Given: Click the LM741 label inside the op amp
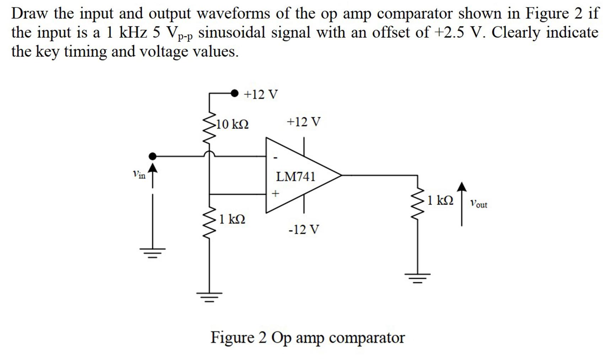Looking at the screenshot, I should (295, 176).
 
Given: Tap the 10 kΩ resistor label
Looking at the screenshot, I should (232, 125).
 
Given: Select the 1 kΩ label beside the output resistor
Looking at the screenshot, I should (440, 200).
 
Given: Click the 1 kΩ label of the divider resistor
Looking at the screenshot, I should (232, 219).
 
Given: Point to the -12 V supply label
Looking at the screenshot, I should (304, 229).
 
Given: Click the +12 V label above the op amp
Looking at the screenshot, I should (303, 122).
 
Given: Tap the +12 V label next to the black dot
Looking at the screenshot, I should (261, 95).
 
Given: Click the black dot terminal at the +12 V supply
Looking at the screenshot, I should (234, 93).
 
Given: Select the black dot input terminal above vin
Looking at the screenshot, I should (152, 156).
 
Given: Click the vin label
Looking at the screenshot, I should (139, 174).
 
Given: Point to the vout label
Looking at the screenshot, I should (478, 204).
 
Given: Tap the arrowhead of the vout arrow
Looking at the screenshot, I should (461, 187).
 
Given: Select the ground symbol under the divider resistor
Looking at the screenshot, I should (209, 296).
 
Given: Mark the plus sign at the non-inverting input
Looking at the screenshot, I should (275, 194).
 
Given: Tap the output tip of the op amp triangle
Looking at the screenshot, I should (341, 175).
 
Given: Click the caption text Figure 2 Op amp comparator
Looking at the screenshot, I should (307, 337).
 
